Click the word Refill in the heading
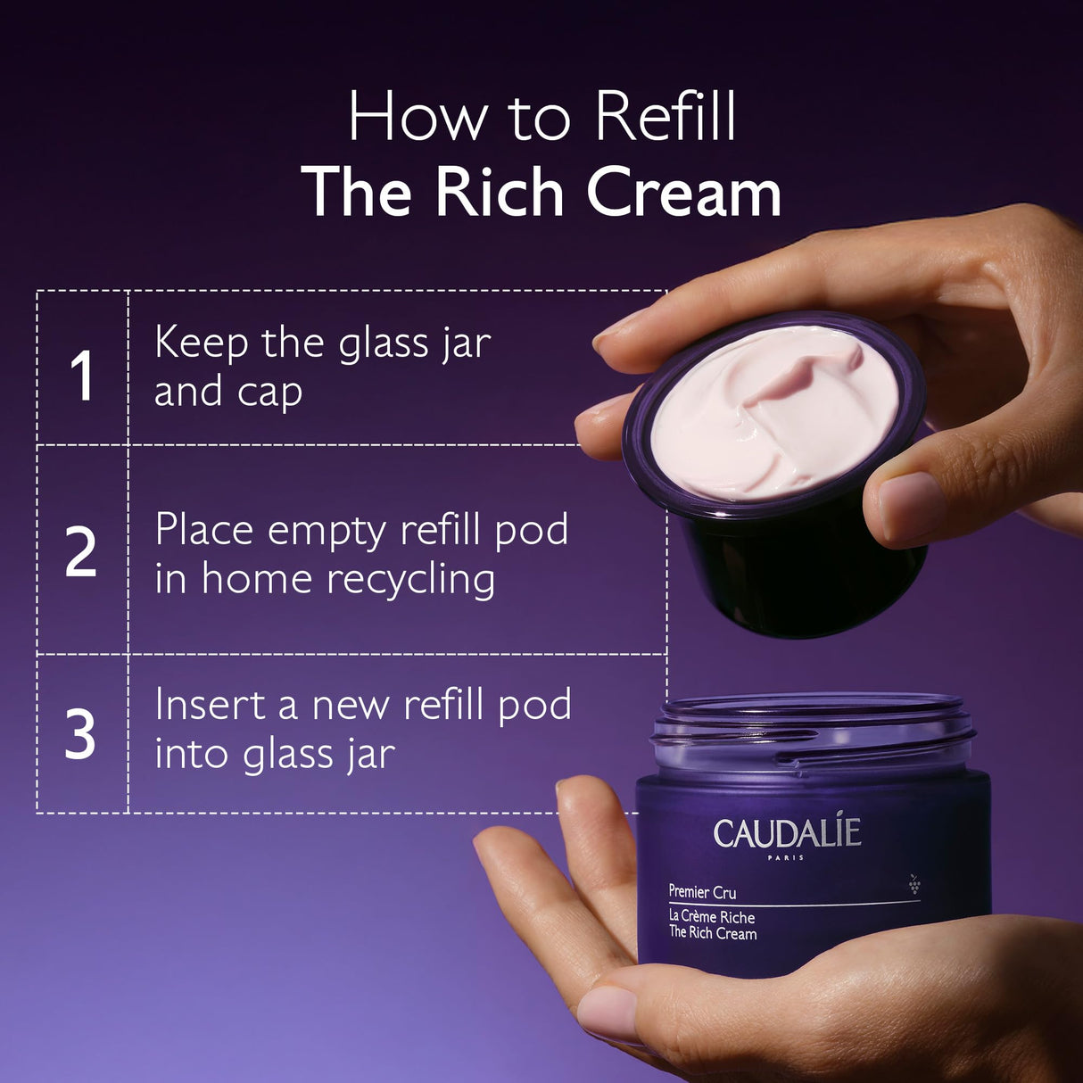point(666,116)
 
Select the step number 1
point(82,376)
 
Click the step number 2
point(80,553)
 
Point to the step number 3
point(80,735)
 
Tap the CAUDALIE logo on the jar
point(787,833)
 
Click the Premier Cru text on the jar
point(702,891)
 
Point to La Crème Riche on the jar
point(712,917)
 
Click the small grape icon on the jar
point(914,884)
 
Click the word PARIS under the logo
point(785,857)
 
